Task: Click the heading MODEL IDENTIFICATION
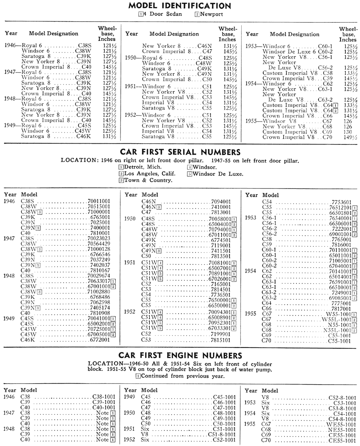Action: [180, 6]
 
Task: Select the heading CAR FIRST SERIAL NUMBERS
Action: [180, 152]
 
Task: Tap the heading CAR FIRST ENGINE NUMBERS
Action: [180, 355]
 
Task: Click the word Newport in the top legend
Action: [211, 14]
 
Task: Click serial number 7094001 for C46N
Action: [221, 201]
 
